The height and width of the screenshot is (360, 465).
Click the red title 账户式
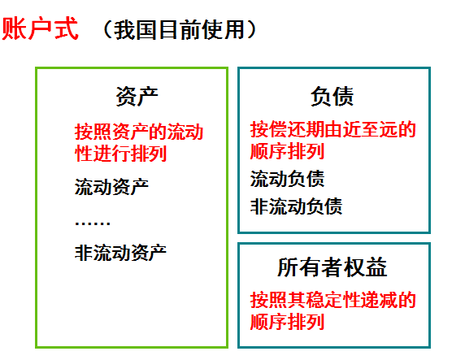(x=40, y=29)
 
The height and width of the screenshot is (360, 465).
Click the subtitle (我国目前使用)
(x=180, y=30)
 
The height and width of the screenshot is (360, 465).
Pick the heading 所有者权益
(x=332, y=268)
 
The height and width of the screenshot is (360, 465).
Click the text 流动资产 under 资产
(x=111, y=187)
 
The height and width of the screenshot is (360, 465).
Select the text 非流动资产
(x=120, y=251)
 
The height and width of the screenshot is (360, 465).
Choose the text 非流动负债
(x=296, y=206)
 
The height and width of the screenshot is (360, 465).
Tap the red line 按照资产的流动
(x=138, y=132)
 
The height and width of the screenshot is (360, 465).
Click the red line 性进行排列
(x=120, y=154)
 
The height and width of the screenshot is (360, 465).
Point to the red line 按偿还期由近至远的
(x=333, y=129)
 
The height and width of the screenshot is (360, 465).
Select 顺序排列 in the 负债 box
(x=287, y=151)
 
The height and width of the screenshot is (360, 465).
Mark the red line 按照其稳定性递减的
(x=333, y=300)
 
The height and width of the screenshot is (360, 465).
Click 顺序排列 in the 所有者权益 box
(x=287, y=322)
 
